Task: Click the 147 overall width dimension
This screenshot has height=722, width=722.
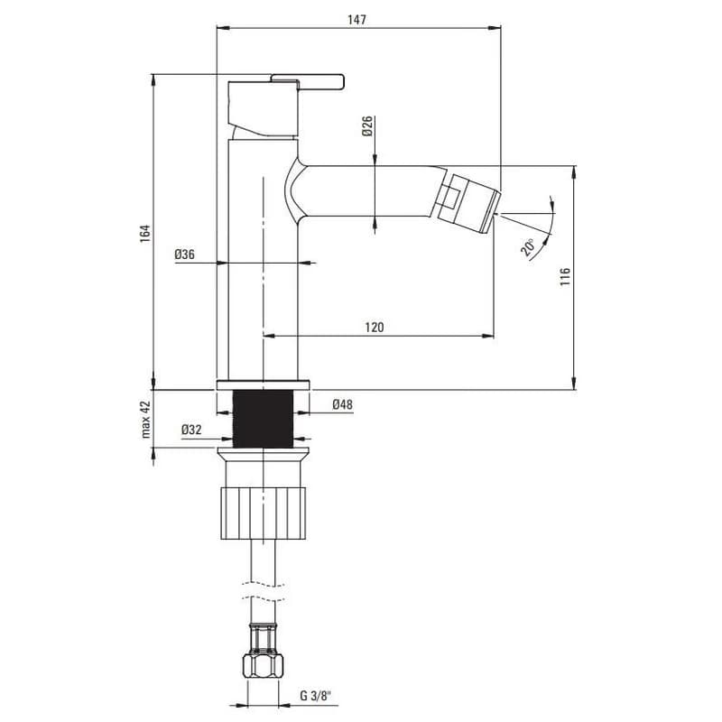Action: [x=356, y=19]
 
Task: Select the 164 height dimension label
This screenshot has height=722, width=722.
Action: [x=145, y=234]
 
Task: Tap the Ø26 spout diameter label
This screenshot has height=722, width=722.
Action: [x=367, y=126]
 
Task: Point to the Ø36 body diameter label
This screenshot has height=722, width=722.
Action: [x=185, y=255]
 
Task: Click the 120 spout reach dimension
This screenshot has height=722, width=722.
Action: [x=375, y=328]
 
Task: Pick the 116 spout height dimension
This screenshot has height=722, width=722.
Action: [x=565, y=277]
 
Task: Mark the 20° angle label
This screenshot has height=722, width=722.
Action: [x=528, y=247]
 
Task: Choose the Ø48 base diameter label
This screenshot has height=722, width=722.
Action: [x=342, y=404]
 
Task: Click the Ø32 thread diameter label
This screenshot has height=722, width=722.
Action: [x=191, y=430]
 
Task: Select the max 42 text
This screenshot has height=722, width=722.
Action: [x=145, y=420]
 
